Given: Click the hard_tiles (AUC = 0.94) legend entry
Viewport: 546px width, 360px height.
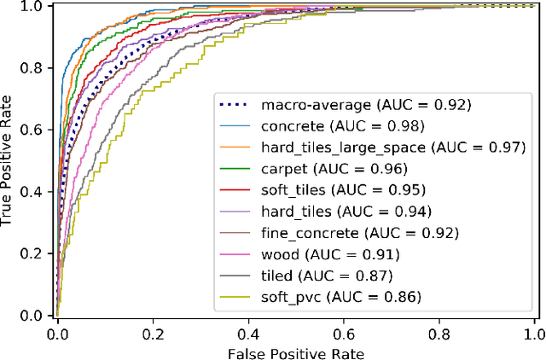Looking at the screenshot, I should [x=328, y=211].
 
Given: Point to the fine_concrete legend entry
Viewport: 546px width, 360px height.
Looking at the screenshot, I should [x=337, y=232].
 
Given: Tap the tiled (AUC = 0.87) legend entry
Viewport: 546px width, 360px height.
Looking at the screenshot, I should [x=315, y=274].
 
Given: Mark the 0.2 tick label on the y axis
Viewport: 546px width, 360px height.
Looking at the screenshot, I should [x=34, y=253].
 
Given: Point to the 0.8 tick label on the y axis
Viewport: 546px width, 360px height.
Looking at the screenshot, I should [x=34, y=68].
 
